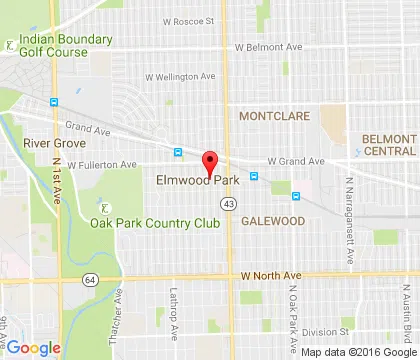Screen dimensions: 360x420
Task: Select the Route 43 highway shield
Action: [229, 204]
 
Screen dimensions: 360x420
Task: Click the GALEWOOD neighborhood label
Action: [272, 222]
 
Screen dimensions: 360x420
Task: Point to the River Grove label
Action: [48, 143]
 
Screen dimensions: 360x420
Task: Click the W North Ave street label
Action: [271, 275]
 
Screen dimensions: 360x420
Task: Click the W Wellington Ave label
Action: [181, 75]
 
